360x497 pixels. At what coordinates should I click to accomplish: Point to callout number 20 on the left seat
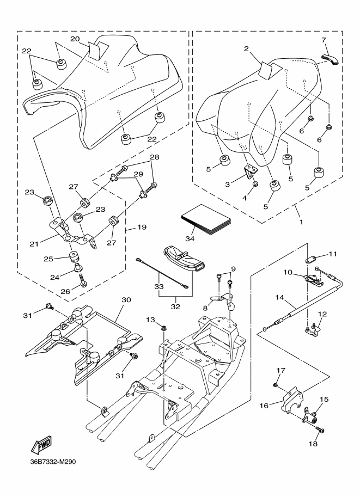(75, 39)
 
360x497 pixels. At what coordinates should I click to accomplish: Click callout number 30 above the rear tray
(126, 300)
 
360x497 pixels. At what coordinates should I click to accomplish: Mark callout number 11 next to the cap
(333, 254)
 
